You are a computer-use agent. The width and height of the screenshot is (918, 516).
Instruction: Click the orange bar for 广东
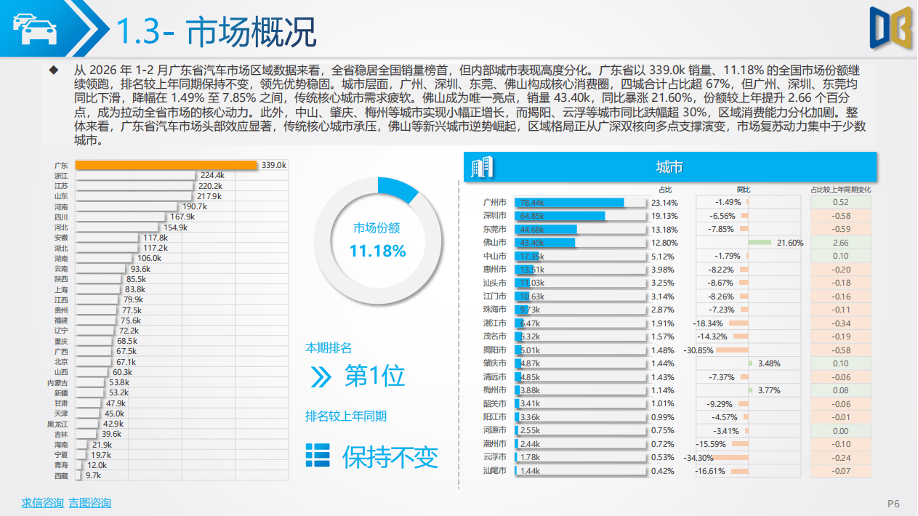[x=166, y=165]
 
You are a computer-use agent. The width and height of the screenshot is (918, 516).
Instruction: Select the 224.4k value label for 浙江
[x=212, y=176]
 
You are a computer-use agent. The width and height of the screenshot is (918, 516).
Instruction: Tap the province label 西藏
[x=61, y=475]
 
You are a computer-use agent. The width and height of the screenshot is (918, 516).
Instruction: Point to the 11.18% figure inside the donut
[x=377, y=251]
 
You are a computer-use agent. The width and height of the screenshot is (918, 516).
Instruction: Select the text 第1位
[x=374, y=376]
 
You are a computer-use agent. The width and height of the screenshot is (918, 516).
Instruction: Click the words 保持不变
[x=390, y=456]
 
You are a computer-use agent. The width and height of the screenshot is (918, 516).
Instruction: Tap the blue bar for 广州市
[x=569, y=203]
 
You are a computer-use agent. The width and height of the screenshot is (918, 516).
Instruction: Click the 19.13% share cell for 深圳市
[x=664, y=216]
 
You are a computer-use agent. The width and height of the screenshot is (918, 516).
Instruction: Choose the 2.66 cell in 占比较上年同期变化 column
[x=840, y=243]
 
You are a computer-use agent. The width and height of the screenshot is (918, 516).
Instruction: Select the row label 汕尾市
[x=495, y=471]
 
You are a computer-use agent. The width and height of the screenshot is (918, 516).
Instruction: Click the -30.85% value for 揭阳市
[x=698, y=350]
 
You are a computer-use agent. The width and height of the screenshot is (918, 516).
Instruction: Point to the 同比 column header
[x=744, y=190]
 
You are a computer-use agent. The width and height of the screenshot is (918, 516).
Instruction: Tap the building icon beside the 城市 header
[x=481, y=168]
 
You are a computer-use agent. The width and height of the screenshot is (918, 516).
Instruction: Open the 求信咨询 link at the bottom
[x=42, y=503]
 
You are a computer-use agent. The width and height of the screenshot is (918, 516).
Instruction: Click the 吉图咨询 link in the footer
[x=89, y=503]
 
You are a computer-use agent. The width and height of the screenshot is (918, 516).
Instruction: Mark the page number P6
[x=893, y=504]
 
